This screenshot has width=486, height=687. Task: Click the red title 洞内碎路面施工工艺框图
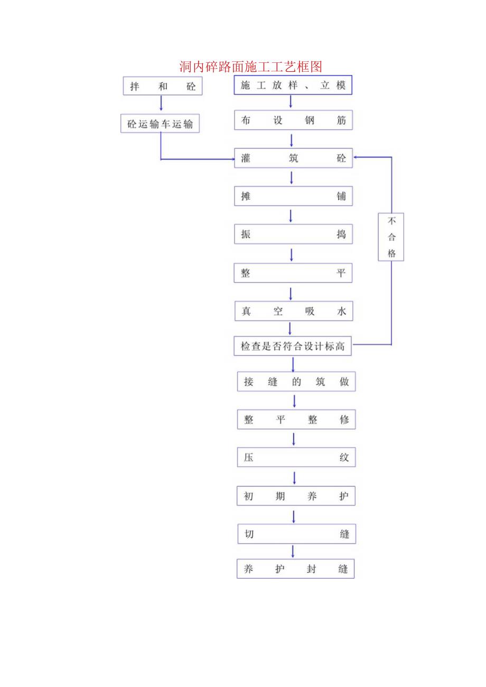click(x=250, y=67)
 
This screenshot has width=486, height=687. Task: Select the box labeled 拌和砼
click(x=163, y=86)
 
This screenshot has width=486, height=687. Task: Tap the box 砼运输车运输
click(x=160, y=124)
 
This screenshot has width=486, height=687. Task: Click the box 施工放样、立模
click(x=293, y=85)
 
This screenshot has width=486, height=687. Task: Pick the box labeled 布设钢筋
click(x=293, y=120)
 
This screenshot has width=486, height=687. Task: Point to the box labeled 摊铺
click(x=293, y=196)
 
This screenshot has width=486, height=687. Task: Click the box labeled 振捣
click(x=293, y=234)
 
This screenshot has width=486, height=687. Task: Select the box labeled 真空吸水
click(x=293, y=312)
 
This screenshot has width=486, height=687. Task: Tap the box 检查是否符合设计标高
click(x=293, y=346)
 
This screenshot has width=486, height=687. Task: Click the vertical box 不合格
click(x=391, y=237)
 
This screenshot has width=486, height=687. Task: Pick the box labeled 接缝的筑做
click(x=296, y=382)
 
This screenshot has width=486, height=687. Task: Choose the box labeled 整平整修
click(x=296, y=420)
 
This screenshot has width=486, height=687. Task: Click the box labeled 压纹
click(x=296, y=458)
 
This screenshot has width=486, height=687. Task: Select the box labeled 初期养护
click(x=296, y=496)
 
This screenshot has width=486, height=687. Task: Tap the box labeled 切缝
click(x=296, y=534)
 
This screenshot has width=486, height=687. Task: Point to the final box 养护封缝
click(x=295, y=569)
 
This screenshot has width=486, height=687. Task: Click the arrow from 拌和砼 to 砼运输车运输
click(x=161, y=104)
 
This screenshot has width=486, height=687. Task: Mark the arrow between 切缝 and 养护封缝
click(x=293, y=552)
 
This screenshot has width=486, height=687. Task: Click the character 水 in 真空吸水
click(x=341, y=312)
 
